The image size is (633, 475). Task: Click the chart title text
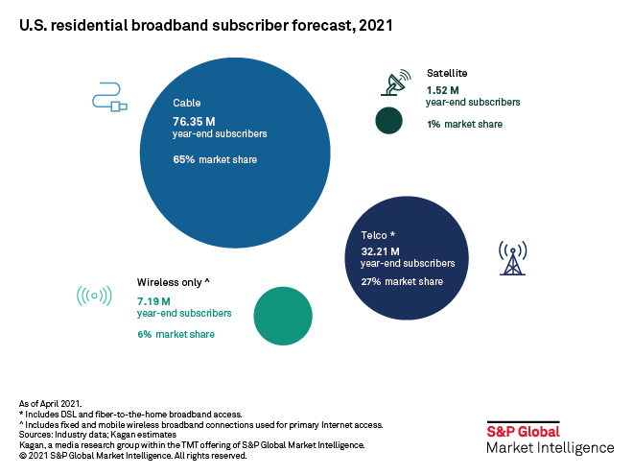point(206,28)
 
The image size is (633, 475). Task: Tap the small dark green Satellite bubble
point(388,121)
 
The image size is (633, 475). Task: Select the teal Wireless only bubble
point(283,316)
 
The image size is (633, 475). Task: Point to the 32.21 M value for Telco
point(382,249)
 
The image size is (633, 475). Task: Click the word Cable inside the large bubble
point(186,103)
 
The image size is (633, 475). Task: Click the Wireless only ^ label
point(174,282)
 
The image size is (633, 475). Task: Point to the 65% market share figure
point(184,159)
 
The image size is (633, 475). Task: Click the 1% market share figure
point(433,124)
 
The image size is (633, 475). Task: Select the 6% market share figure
point(145,334)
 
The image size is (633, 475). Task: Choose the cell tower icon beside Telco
point(511,257)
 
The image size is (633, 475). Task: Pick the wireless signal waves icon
point(93,296)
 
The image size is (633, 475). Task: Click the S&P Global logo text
point(523,432)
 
